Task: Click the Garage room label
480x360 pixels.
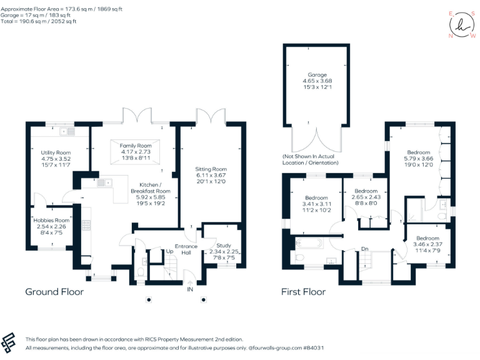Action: (x=317, y=74)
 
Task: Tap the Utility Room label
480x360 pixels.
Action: (x=56, y=152)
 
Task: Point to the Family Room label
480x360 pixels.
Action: (x=136, y=145)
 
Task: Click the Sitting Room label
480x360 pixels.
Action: (x=211, y=169)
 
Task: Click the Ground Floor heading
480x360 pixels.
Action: (x=54, y=292)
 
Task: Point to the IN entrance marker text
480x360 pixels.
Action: (x=189, y=290)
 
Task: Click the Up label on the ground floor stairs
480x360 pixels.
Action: (x=169, y=251)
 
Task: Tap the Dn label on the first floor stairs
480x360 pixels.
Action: (x=364, y=249)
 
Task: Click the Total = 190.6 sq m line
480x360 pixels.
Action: (x=39, y=21)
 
